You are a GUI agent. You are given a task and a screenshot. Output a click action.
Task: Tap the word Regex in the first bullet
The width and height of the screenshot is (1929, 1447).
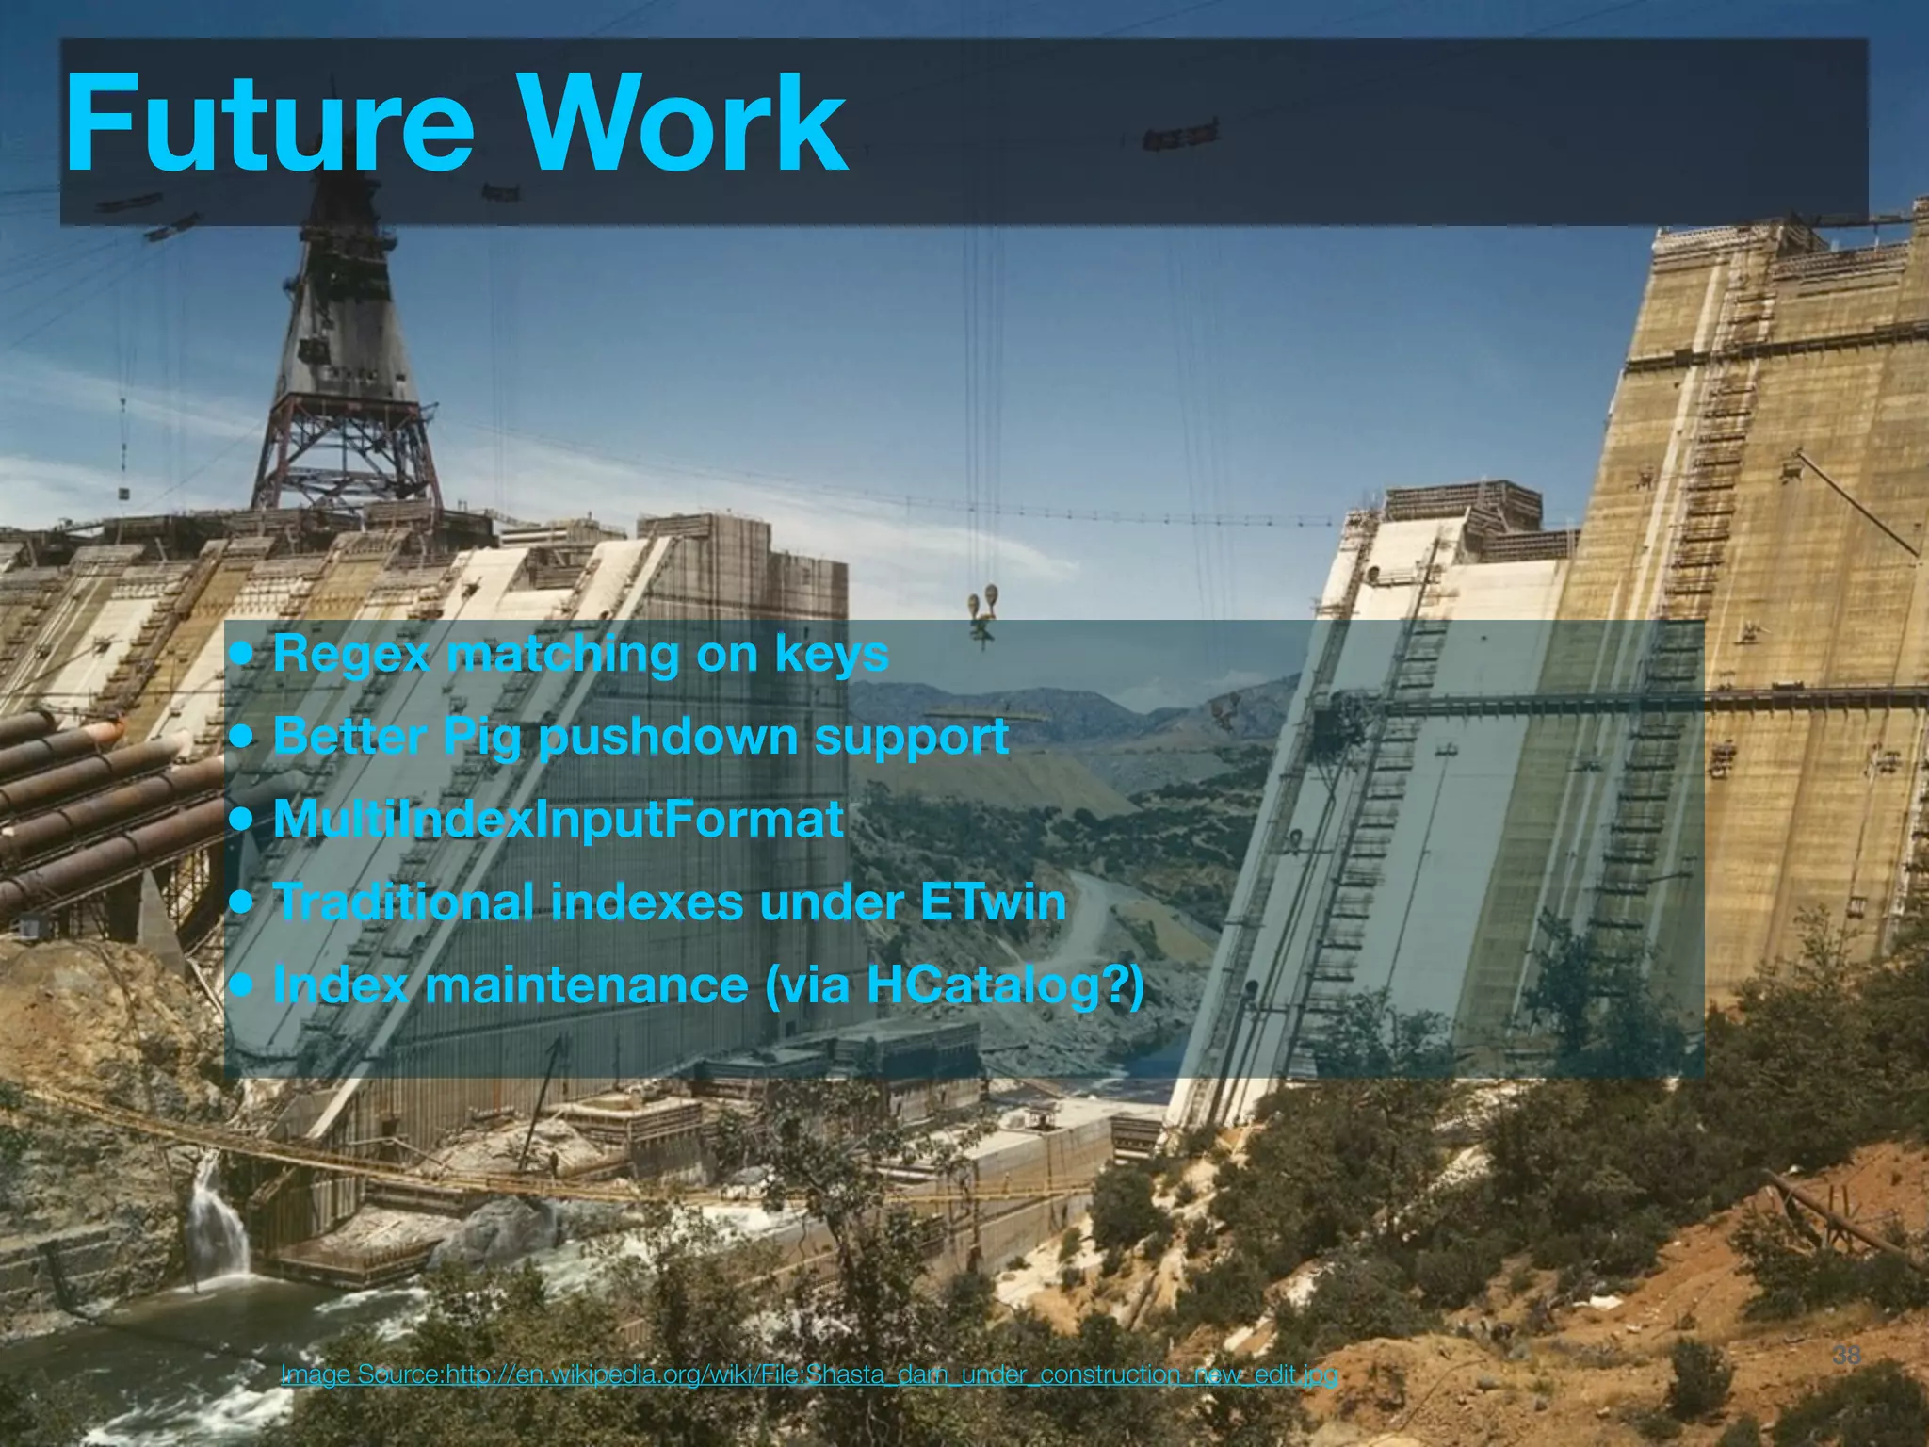click(x=350, y=654)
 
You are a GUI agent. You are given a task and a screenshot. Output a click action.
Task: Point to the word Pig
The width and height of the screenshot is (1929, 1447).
click(x=481, y=738)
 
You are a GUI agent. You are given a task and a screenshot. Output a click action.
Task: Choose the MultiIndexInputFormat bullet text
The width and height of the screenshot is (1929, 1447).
click(x=558, y=819)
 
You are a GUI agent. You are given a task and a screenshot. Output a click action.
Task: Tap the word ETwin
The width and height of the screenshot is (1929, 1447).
click(x=993, y=902)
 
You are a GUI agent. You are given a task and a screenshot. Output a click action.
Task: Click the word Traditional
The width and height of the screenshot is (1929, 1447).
click(x=403, y=902)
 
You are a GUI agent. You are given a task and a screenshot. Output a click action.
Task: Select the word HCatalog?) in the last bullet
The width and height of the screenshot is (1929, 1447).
click(x=1004, y=985)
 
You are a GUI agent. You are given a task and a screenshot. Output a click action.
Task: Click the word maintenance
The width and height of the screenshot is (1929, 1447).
click(x=586, y=984)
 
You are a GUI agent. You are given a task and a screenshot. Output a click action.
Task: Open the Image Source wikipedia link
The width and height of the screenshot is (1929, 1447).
click(x=808, y=1374)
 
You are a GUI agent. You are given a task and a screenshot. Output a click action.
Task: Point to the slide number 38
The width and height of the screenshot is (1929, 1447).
click(x=1846, y=1356)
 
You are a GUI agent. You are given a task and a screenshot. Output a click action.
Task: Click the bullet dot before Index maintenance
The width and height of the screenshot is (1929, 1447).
click(x=243, y=985)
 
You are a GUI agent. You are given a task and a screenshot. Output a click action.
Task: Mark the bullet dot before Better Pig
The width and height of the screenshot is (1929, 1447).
click(x=243, y=737)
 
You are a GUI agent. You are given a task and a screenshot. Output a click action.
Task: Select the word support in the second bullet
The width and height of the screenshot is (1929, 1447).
click(x=911, y=737)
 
